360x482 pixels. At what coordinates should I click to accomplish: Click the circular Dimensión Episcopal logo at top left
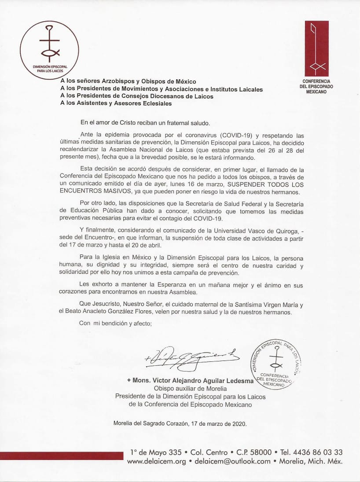49,50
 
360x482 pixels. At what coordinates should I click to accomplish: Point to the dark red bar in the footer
62,456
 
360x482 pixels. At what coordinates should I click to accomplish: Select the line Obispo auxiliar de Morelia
190,388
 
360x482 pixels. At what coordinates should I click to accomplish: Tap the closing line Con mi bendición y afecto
115,324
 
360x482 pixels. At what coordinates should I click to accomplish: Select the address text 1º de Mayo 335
156,452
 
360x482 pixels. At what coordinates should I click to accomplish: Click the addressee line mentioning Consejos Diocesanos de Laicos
136,96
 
